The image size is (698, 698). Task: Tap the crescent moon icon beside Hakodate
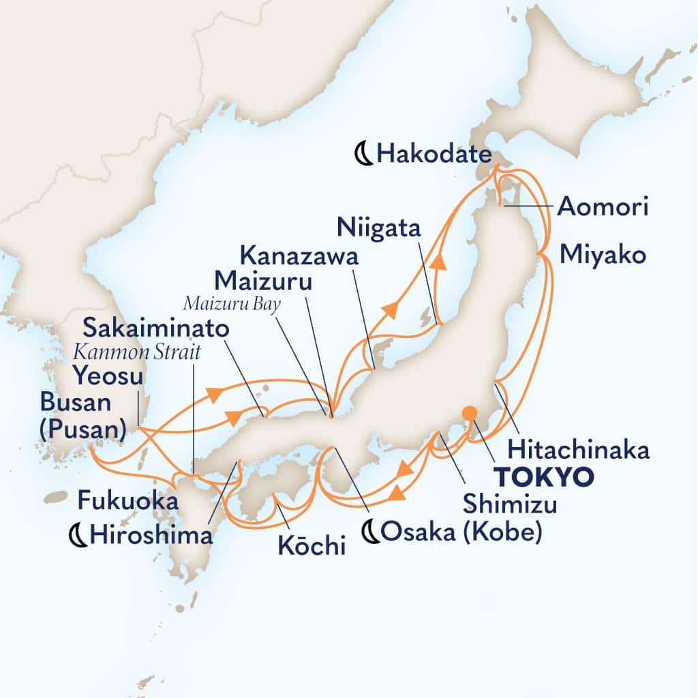tap(366, 155)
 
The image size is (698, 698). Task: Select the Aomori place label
tap(602, 207)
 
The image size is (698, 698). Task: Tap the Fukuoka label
tap(128, 502)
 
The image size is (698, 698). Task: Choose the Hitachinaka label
tap(579, 451)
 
